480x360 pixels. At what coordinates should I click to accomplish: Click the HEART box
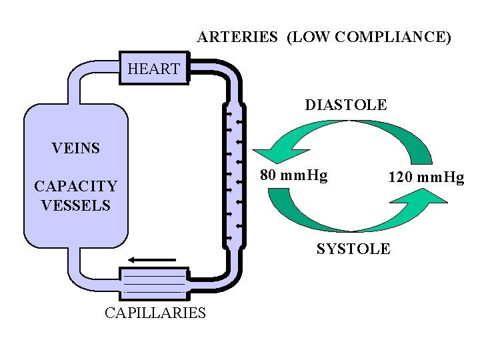pyautogui.click(x=153, y=68)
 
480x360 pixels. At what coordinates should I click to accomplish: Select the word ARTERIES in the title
pyautogui.click(x=237, y=37)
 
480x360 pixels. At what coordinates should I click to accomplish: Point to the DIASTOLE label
pyautogui.click(x=345, y=105)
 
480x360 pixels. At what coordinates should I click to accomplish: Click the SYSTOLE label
pyautogui.click(x=353, y=249)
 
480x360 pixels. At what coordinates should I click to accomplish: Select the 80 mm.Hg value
pyautogui.click(x=293, y=176)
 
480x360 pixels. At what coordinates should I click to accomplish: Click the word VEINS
pyautogui.click(x=75, y=148)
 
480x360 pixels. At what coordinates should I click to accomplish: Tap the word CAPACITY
pyautogui.click(x=75, y=186)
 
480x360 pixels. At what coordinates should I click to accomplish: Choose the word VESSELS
pyautogui.click(x=75, y=205)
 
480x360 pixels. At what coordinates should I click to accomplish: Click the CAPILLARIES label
pyautogui.click(x=155, y=313)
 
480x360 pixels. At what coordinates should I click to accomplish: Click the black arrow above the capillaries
pyautogui.click(x=151, y=259)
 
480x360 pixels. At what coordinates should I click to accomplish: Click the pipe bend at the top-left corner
pyautogui.click(x=78, y=73)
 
